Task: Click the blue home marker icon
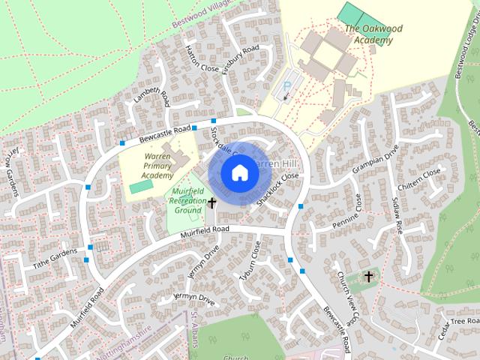click(x=238, y=173)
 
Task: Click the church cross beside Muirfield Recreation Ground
click(x=212, y=202)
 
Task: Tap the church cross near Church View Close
click(x=368, y=277)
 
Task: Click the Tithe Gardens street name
click(x=55, y=259)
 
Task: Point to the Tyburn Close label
click(x=254, y=260)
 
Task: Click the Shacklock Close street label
click(x=278, y=190)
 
